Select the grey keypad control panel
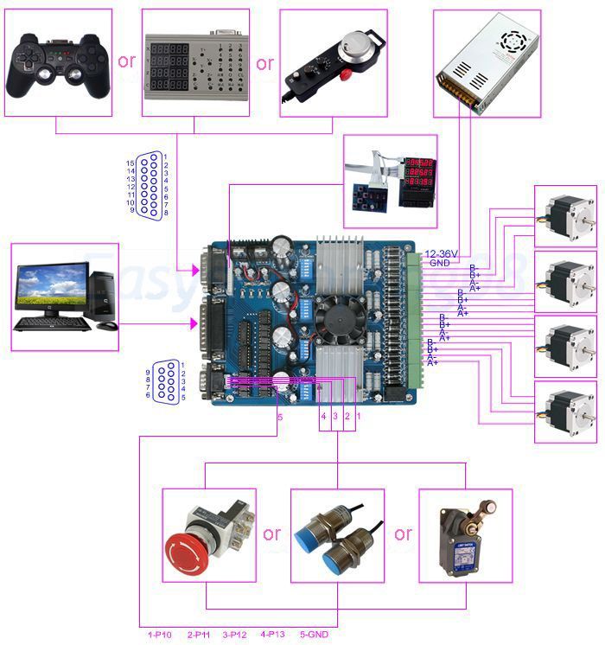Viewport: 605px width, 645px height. tap(194, 63)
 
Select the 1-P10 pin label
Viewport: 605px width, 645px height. tap(161, 634)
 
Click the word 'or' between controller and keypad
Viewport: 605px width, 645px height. tap(127, 61)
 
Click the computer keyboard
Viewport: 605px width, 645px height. tap(52, 324)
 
